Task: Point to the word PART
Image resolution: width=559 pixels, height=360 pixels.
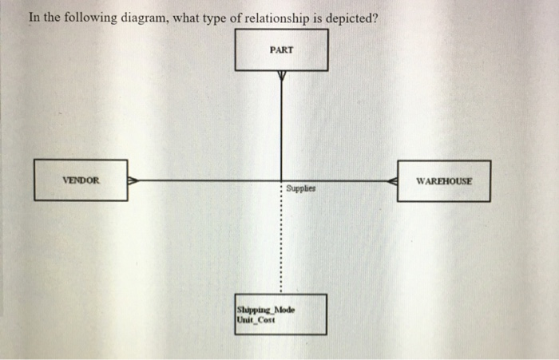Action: click(281, 49)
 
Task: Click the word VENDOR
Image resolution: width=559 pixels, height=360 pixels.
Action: click(81, 180)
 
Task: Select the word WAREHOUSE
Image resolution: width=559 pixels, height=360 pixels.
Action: click(444, 181)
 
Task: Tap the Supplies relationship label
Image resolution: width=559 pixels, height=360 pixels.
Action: click(301, 190)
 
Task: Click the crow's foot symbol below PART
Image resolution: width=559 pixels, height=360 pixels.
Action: click(281, 76)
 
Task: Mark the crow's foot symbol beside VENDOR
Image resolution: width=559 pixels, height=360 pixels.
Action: click(133, 180)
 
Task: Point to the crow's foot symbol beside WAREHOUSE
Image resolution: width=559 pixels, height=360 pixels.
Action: click(392, 181)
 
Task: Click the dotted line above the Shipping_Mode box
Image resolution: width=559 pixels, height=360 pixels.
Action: click(280, 239)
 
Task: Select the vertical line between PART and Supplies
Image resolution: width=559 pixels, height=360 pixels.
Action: click(281, 128)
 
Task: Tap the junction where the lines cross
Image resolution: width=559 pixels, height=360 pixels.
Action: click(281, 180)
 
